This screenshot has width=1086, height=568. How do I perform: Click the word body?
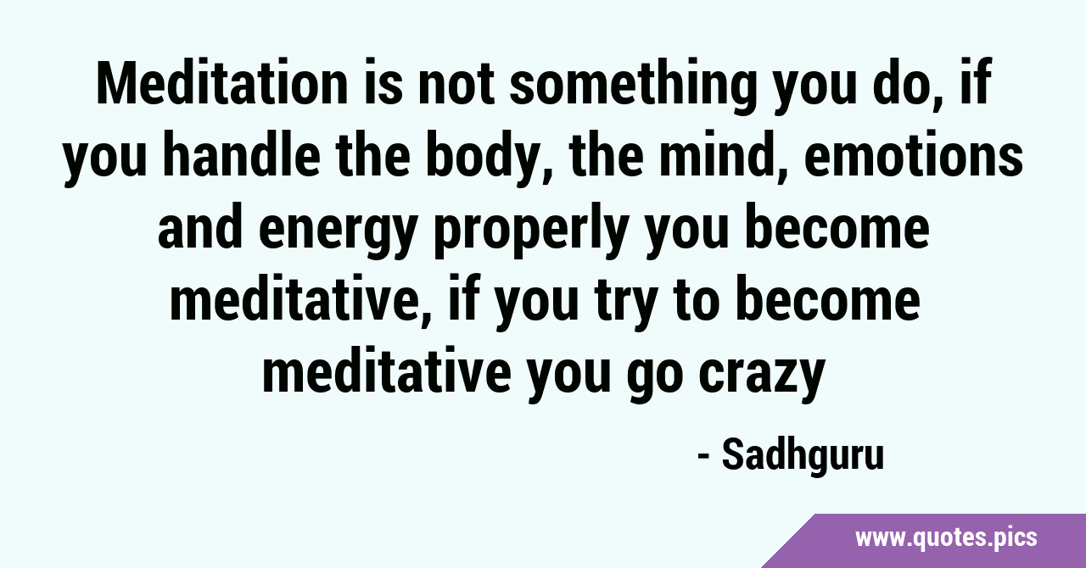(x=490, y=161)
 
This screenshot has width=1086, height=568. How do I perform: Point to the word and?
(x=200, y=229)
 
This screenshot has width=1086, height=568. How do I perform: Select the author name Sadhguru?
(x=803, y=455)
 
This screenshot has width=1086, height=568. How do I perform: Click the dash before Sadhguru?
(x=704, y=458)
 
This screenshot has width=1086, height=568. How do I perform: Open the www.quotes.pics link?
(x=946, y=539)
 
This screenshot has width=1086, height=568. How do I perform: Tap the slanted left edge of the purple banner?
(x=788, y=541)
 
